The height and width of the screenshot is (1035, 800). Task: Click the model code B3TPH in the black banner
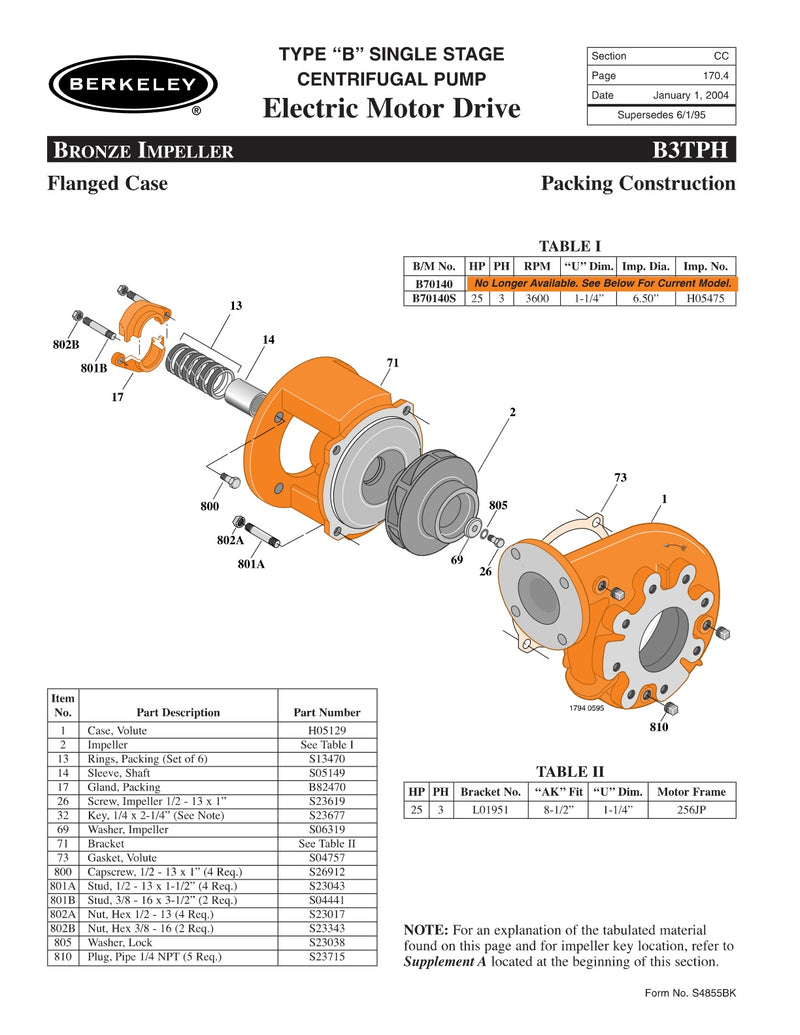click(693, 150)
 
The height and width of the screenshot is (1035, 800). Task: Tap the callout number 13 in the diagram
click(236, 305)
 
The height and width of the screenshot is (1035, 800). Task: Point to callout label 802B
click(66, 345)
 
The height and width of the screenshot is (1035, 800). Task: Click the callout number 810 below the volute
click(657, 727)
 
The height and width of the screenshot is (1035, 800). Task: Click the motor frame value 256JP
click(691, 809)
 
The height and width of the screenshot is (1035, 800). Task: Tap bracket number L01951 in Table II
click(490, 809)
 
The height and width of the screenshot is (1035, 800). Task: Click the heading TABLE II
click(570, 771)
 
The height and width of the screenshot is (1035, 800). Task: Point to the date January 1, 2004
click(690, 95)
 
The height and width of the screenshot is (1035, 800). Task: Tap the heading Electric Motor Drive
click(391, 108)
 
